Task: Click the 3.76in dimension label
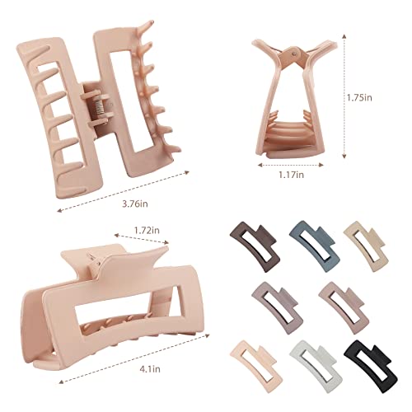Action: click(135, 204)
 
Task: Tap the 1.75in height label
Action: click(359, 97)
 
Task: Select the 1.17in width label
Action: click(292, 175)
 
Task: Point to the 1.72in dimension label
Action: click(147, 230)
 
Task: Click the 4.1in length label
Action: click(150, 369)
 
